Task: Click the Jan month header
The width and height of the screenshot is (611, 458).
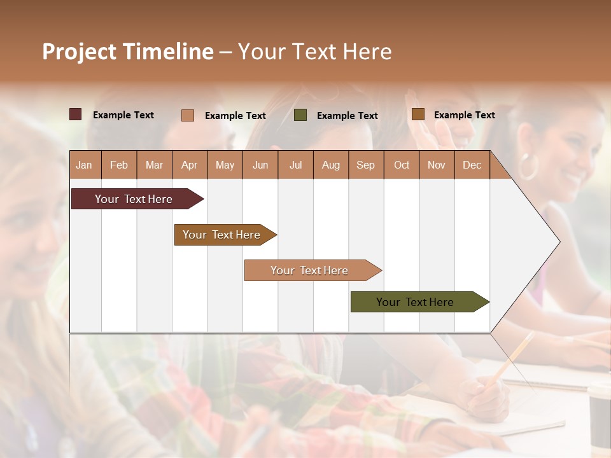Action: (x=84, y=165)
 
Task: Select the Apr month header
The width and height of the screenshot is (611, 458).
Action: (x=190, y=165)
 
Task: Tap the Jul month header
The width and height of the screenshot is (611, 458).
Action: (x=295, y=165)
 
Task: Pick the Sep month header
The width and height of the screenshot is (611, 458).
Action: (x=365, y=165)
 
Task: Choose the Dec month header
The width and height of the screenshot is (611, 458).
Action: (x=472, y=165)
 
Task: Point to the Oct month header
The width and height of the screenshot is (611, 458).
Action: (x=402, y=165)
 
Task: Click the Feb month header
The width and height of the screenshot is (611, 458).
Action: (x=119, y=165)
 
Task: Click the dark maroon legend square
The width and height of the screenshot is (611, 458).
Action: (x=75, y=114)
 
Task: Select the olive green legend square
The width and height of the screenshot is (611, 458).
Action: (x=300, y=114)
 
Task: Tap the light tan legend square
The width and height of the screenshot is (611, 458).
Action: (x=188, y=115)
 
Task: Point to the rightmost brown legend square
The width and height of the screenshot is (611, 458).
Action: (x=418, y=114)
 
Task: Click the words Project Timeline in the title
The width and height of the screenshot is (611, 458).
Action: (x=128, y=52)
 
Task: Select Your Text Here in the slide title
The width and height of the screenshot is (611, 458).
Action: (x=314, y=52)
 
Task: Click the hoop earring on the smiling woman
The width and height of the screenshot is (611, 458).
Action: (x=528, y=166)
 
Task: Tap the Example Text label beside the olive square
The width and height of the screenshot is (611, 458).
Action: (x=347, y=116)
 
